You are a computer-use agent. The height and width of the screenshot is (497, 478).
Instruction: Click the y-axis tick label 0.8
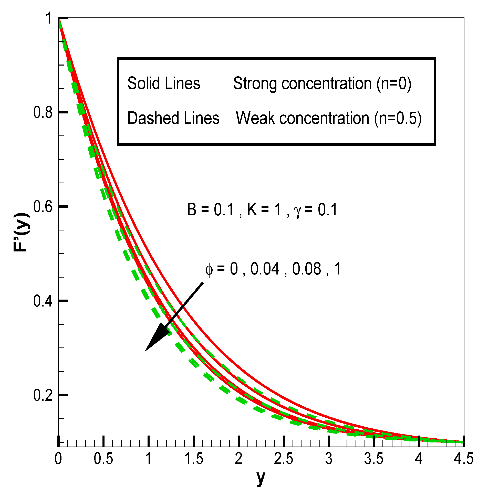(x=43, y=112)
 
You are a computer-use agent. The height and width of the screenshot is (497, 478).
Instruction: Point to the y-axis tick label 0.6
(x=43, y=207)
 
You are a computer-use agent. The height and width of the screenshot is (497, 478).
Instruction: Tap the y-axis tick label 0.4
(x=43, y=301)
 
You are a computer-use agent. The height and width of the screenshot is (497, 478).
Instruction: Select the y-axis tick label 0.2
(x=43, y=395)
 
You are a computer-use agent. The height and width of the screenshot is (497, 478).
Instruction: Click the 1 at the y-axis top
(x=49, y=18)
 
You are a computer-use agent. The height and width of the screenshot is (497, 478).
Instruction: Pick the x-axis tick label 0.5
(x=103, y=459)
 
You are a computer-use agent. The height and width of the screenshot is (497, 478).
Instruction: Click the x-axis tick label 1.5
(x=194, y=459)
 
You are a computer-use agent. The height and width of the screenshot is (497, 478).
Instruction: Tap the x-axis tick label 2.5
(x=284, y=459)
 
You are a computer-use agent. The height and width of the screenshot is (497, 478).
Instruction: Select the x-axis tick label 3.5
(x=374, y=459)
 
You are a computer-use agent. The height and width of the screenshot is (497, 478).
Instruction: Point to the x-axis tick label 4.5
(x=463, y=459)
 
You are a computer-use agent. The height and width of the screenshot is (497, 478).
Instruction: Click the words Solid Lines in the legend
(x=164, y=83)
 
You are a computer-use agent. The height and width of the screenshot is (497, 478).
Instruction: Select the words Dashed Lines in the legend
(x=173, y=118)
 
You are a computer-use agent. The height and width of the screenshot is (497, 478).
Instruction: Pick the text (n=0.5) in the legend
(x=398, y=118)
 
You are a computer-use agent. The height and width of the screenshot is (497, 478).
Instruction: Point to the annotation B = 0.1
(x=211, y=210)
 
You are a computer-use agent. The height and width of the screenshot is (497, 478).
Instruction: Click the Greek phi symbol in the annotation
(x=209, y=270)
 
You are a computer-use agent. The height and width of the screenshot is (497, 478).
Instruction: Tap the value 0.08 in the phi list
(x=307, y=269)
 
